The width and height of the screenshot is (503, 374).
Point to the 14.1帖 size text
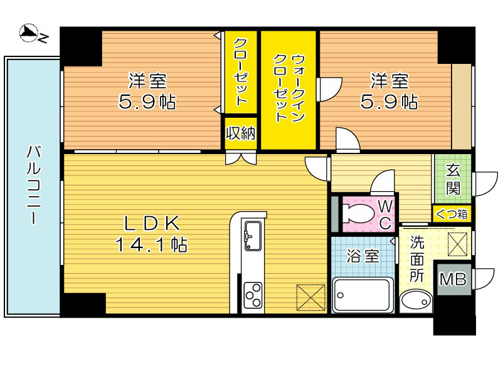click(151, 244)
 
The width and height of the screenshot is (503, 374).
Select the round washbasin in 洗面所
click(415, 301)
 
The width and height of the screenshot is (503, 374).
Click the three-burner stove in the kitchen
click(253, 293)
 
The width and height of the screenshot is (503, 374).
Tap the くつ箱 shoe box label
click(452, 214)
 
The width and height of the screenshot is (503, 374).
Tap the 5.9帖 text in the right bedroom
click(389, 101)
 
